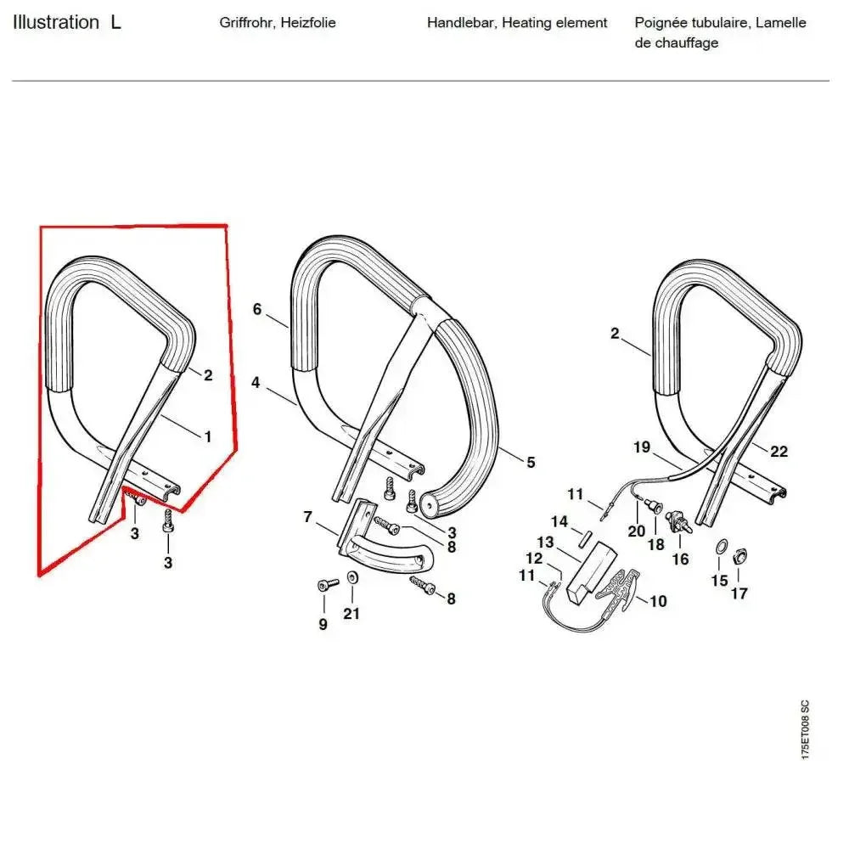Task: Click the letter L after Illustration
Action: (x=115, y=23)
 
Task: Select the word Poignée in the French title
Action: (x=661, y=23)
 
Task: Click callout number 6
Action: (x=257, y=309)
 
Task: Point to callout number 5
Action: (x=531, y=462)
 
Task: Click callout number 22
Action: (x=779, y=452)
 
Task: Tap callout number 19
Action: (x=642, y=447)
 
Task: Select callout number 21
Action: (x=351, y=614)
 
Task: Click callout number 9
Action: (x=323, y=625)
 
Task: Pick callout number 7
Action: (x=309, y=516)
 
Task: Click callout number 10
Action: (x=658, y=601)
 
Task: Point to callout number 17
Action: (x=739, y=593)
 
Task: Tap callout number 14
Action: (x=559, y=521)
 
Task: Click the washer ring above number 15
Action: (x=720, y=546)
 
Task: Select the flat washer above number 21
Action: (x=353, y=578)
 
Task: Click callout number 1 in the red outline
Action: (x=207, y=436)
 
